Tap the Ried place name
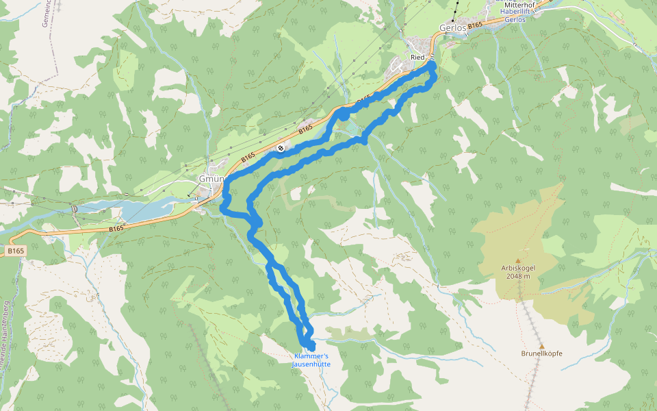(x=418, y=57)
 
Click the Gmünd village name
(x=207, y=179)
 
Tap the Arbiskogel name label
(x=518, y=269)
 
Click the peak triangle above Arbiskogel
(x=518, y=260)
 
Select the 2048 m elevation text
(x=518, y=277)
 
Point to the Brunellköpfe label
(x=541, y=353)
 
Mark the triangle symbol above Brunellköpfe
(x=541, y=346)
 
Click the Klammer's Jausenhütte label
(x=311, y=360)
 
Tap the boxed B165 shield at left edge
(x=16, y=252)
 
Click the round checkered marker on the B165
(x=281, y=148)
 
